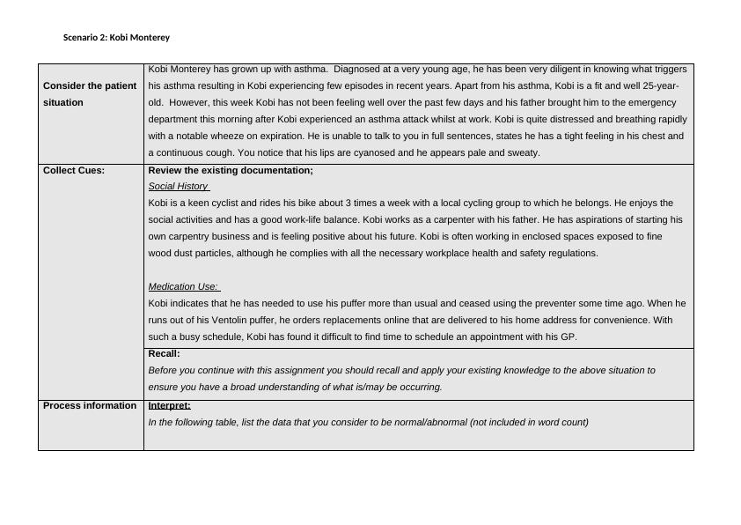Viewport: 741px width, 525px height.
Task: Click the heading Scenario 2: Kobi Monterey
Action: pyautogui.click(x=116, y=38)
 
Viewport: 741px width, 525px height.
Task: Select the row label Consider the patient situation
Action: pyautogui.click(x=89, y=94)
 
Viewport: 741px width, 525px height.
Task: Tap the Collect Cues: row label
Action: pyautogui.click(x=74, y=171)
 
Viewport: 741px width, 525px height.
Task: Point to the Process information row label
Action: pyautogui.click(x=90, y=406)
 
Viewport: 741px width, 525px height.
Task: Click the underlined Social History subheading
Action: pyautogui.click(x=179, y=187)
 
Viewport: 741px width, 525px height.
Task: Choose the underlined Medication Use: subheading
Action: pyautogui.click(x=184, y=287)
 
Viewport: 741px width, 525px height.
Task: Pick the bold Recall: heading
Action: pyautogui.click(x=164, y=354)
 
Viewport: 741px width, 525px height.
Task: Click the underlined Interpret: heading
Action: pyautogui.click(x=169, y=406)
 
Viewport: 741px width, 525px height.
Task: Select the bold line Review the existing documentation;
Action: pyautogui.click(x=231, y=171)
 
